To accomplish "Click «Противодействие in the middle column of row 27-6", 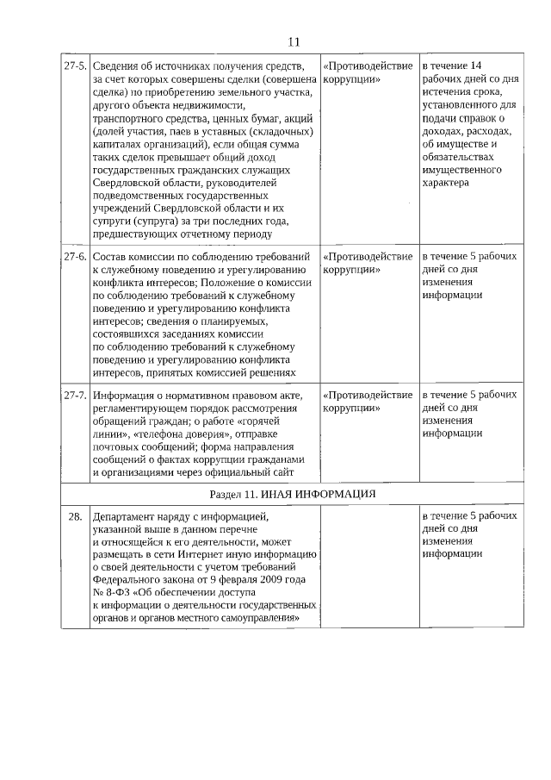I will point(367,257).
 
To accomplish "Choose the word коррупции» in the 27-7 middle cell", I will point(353,408).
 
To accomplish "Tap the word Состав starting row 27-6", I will point(110,257).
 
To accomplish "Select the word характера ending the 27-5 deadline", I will point(446,183).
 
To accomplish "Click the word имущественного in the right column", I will point(462,170).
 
